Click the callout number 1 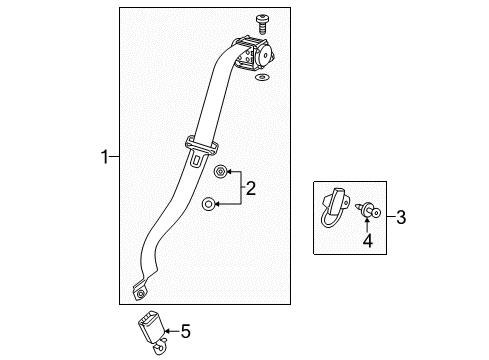pos(104,156)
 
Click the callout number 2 pos(252,188)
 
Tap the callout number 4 pos(367,241)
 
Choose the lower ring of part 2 pos(207,204)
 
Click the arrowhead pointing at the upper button pos(220,173)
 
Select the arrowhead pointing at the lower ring pos(221,204)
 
